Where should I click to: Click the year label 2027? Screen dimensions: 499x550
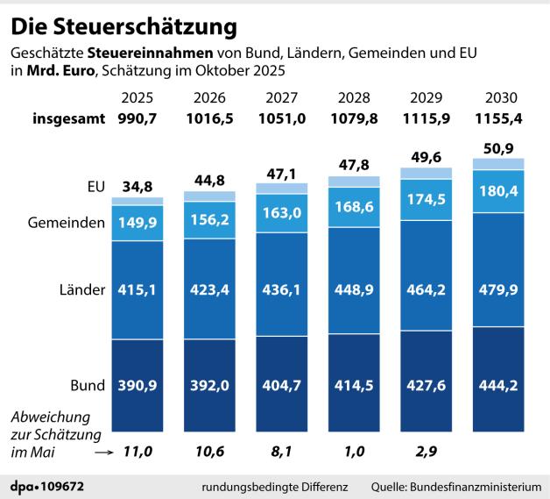click(x=281, y=96)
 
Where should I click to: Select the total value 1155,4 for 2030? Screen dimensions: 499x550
click(x=497, y=118)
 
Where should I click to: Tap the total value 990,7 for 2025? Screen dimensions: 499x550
click(x=137, y=118)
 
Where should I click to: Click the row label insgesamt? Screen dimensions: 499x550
click(x=69, y=118)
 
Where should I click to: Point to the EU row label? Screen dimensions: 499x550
click(x=95, y=187)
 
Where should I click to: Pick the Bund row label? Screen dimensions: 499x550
click(x=88, y=385)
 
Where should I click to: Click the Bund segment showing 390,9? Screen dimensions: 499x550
click(x=137, y=385)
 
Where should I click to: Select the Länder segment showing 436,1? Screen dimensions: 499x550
click(x=281, y=289)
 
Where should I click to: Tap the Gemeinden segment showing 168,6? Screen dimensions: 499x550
click(x=353, y=208)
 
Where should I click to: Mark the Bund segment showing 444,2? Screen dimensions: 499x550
click(x=497, y=385)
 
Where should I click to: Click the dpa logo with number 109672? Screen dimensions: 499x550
click(x=47, y=485)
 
